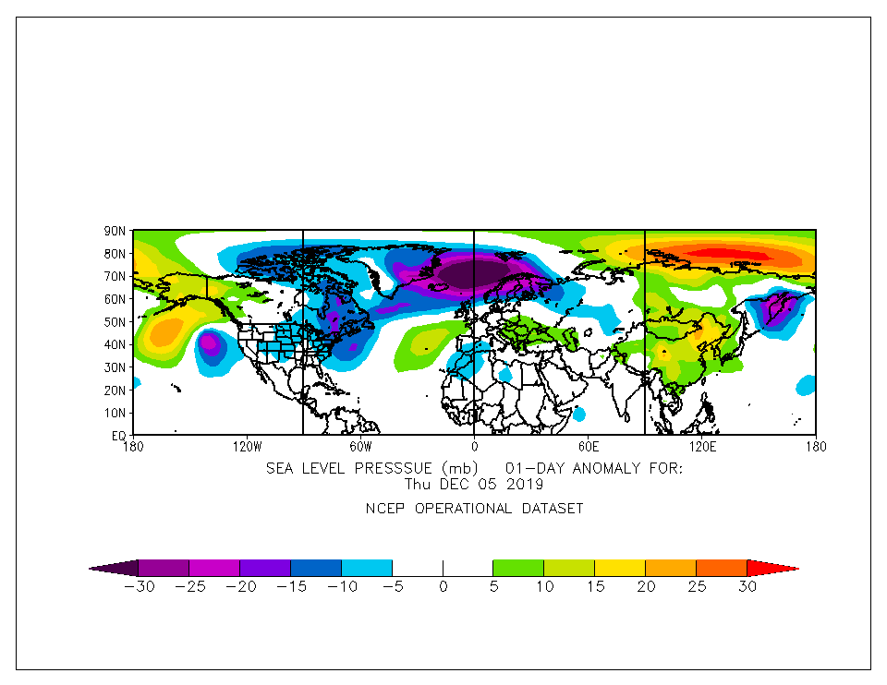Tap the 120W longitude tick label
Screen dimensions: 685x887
pos(247,446)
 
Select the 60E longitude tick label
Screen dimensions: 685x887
pos(588,446)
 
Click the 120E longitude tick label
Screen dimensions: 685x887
pos(702,446)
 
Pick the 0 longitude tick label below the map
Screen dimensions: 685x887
pos(474,446)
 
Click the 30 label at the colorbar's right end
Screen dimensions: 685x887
pos(747,586)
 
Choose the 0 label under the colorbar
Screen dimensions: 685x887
pos(443,586)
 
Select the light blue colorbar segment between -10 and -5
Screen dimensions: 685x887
pos(367,568)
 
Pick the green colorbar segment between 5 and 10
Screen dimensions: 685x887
pos(518,568)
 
